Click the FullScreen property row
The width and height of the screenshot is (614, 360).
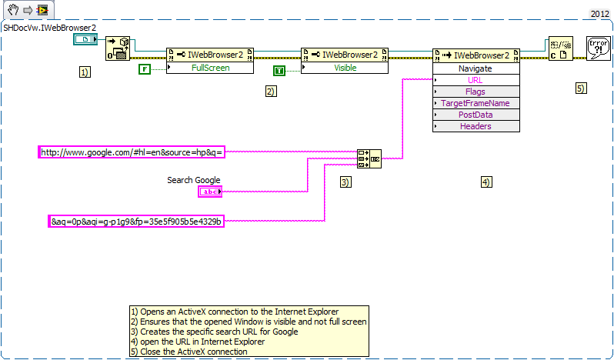209,68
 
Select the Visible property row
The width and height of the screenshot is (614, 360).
344,68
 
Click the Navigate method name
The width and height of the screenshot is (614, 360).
476,68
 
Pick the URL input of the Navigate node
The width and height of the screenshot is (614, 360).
476,80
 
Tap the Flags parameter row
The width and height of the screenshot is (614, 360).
476,92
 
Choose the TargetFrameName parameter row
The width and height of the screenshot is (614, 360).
476,103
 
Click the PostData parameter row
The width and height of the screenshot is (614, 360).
476,115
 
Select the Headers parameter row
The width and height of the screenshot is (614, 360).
476,126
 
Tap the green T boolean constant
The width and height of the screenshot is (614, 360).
279,71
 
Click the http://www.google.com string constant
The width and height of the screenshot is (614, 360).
132,152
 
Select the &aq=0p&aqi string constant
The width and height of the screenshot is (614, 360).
136,222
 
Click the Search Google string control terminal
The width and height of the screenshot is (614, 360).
209,192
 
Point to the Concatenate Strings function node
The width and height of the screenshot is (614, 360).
369,158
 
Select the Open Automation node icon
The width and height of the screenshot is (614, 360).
118,48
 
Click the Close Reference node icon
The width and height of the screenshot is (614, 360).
560,48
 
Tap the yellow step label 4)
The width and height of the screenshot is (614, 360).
486,182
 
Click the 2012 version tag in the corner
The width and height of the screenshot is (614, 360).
600,14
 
